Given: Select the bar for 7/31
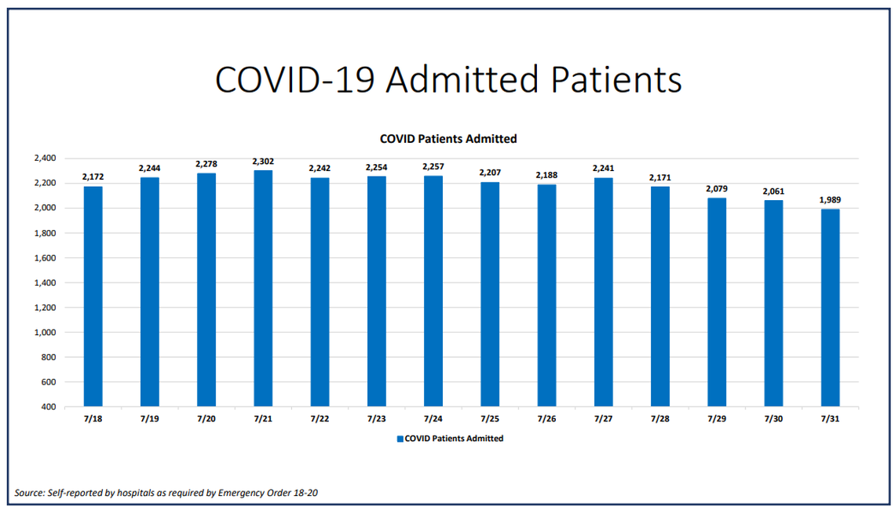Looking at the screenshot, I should [831, 308].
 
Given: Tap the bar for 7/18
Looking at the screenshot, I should [93, 296].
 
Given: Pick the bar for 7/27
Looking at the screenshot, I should [604, 292].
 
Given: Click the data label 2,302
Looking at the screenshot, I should [263, 161].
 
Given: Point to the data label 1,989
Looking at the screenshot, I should [831, 200].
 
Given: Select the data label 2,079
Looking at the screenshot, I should [717, 189].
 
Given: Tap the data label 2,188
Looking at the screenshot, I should [547, 175].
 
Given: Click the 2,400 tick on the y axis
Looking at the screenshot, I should [45, 159].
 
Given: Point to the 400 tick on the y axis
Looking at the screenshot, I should [49, 407].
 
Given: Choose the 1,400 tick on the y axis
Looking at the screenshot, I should [45, 283].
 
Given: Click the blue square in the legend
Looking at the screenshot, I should [400, 439].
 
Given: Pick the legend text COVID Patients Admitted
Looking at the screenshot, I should [454, 439].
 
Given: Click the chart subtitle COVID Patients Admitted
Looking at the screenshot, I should [447, 139].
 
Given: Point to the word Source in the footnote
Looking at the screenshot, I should [30, 493].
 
